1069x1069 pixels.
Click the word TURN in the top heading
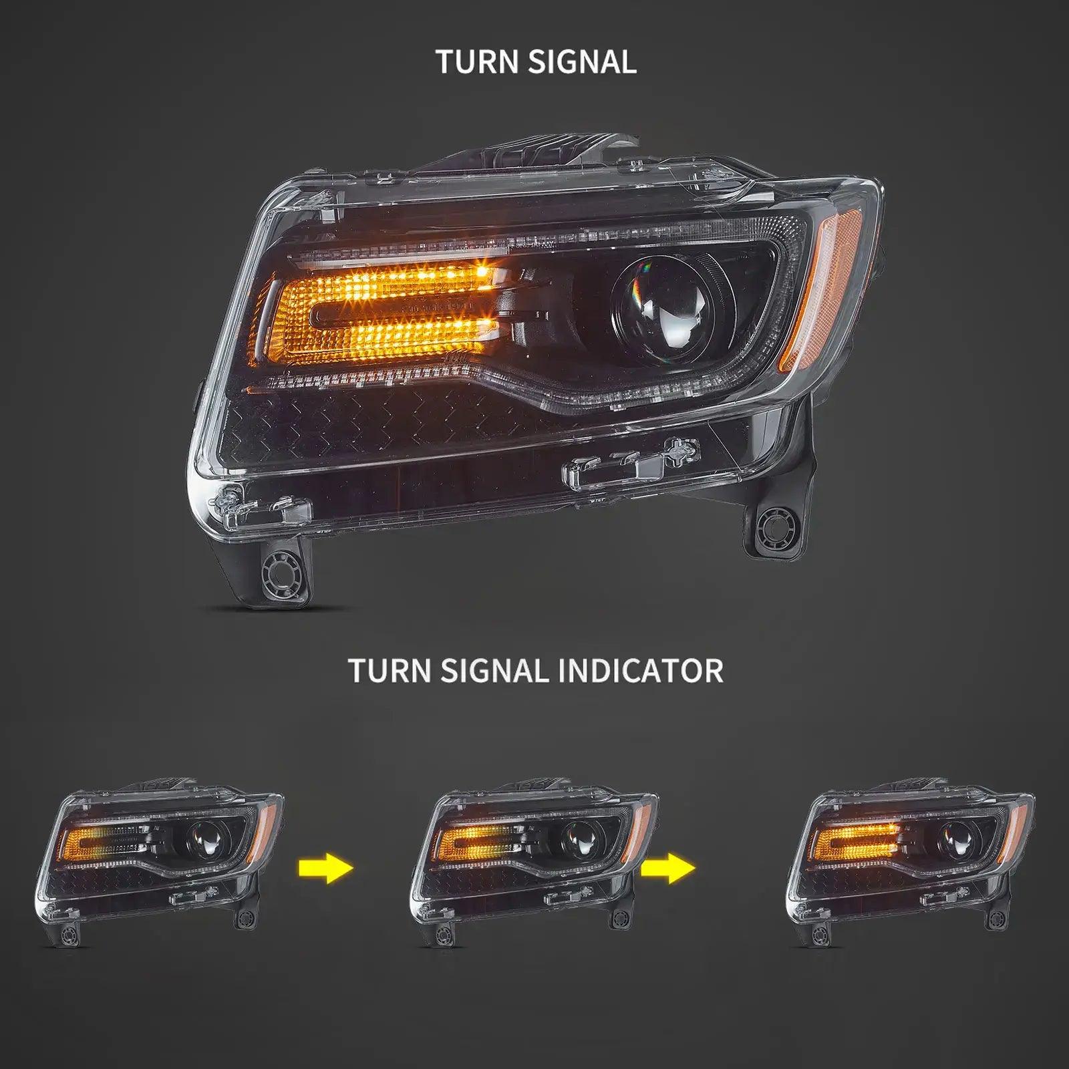[x=477, y=62]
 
